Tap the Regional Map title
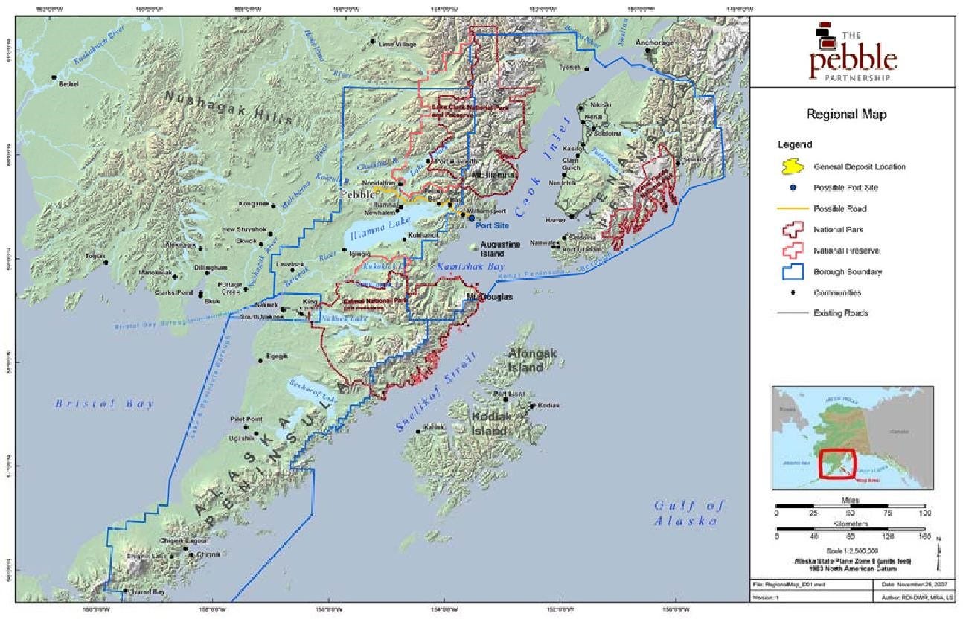pyautogui.click(x=847, y=115)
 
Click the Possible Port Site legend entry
pyautogui.click(x=851, y=187)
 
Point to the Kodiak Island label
pyautogui.click(x=492, y=424)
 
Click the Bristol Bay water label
pyautogui.click(x=104, y=404)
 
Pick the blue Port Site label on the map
pyautogui.click(x=492, y=225)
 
